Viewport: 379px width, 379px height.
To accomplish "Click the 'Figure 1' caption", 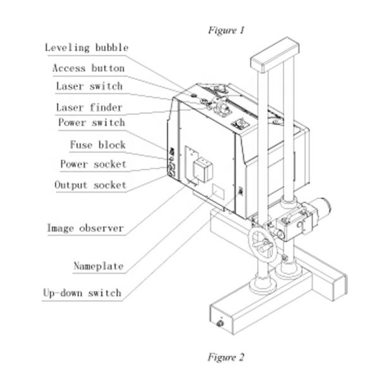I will pos(226,30).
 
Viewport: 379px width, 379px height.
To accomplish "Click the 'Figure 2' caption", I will pos(226,357).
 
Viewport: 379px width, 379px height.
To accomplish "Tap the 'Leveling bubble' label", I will pos(87,48).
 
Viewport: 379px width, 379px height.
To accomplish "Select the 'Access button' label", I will pos(88,68).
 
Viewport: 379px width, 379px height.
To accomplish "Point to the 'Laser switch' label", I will pos(89,87).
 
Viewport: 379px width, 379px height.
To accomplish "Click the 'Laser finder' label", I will pos(89,107).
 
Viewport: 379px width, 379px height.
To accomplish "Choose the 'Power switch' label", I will pos(92,123).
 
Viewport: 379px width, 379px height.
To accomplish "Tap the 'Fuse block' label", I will pos(98,145).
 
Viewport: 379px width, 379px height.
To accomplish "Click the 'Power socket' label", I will pos(93,164).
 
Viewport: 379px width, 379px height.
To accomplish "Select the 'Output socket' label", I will pos(90,185).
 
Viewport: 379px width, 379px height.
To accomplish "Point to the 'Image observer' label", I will pos(85,227).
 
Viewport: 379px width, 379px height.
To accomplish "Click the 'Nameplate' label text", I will pos(99,265).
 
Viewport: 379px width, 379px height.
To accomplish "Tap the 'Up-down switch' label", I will pos(82,293).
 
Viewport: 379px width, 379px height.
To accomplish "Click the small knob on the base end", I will pos(220,323).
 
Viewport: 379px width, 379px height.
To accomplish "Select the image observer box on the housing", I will pos(200,169).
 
